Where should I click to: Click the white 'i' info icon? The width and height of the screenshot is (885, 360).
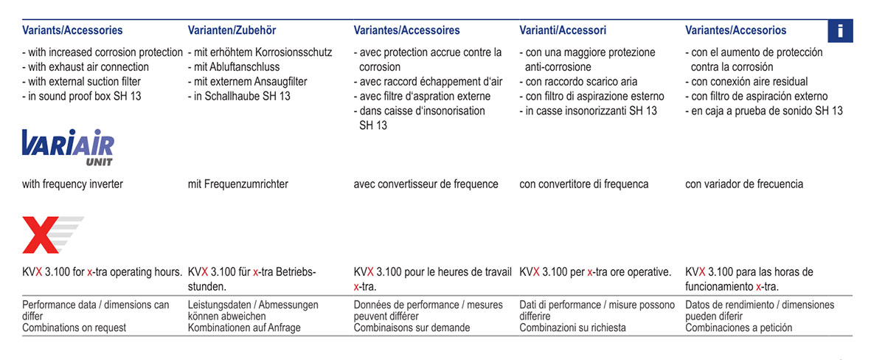pyautogui.click(x=840, y=31)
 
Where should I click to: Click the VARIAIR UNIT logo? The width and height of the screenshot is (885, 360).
pyautogui.click(x=67, y=147)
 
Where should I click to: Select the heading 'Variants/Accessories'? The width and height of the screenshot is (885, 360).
pyautogui.click(x=72, y=30)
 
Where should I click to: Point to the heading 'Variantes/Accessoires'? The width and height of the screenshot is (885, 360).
pyautogui.click(x=406, y=30)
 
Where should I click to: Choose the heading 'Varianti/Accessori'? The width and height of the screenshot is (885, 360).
pyautogui.click(x=563, y=30)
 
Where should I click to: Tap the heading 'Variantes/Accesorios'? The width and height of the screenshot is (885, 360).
pyautogui.click(x=735, y=30)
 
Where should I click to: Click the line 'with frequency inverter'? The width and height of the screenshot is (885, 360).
pyautogui.click(x=72, y=184)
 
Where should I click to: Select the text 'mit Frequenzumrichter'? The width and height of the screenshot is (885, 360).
pyautogui.click(x=238, y=184)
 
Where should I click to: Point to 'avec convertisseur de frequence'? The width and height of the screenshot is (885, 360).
pyautogui.click(x=426, y=184)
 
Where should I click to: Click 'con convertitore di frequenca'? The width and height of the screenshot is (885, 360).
pyautogui.click(x=584, y=184)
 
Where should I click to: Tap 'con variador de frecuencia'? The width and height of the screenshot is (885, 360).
pyautogui.click(x=744, y=184)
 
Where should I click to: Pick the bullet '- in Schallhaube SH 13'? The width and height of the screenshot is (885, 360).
pyautogui.click(x=239, y=96)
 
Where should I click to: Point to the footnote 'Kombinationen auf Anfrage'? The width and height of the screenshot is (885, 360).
pyautogui.click(x=244, y=328)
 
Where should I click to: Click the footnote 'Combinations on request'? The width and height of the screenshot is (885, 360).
pyautogui.click(x=74, y=328)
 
